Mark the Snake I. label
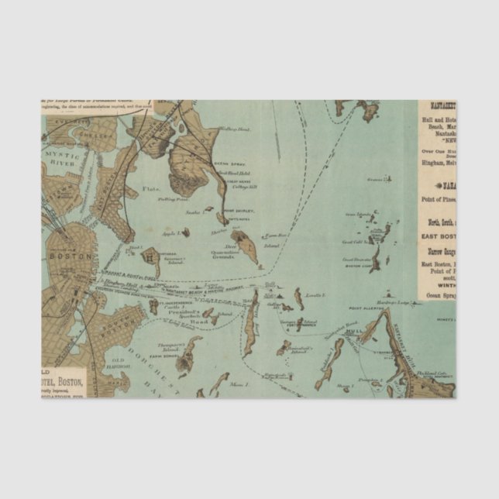[x=192, y=210]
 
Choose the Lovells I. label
[x=315, y=296]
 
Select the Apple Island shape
[x=185, y=231]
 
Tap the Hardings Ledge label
[x=395, y=301]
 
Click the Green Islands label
[x=359, y=215]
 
